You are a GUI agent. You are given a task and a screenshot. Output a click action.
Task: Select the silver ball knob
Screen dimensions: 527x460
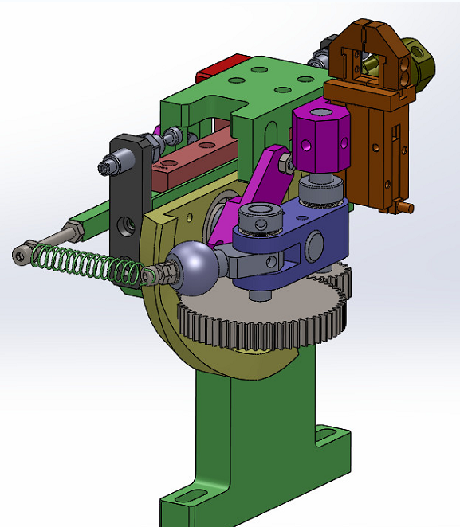click(192, 266)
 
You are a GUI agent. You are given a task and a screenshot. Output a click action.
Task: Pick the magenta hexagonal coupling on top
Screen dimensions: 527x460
click(320, 141)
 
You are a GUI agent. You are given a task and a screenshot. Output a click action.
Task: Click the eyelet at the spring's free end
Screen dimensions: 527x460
click(21, 255)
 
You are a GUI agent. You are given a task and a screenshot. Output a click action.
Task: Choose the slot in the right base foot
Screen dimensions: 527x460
click(329, 435)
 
